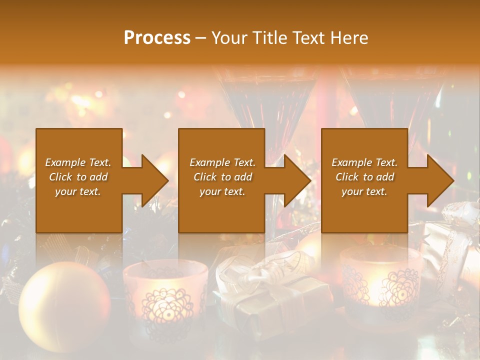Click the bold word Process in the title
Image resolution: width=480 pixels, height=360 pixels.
point(157,38)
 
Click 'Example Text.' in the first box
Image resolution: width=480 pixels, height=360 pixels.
point(78,162)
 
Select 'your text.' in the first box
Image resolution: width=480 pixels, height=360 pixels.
point(78,191)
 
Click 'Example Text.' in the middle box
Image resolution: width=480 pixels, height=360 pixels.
point(222,162)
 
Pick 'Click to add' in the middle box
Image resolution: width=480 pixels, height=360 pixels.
point(222,177)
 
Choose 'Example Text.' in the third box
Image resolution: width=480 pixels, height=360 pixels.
point(364,162)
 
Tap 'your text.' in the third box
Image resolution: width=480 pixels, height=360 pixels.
point(364,191)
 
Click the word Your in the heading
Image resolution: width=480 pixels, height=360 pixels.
point(230,38)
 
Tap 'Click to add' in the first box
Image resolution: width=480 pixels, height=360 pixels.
point(78,177)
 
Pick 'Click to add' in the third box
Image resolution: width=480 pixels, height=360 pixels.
point(364,177)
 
